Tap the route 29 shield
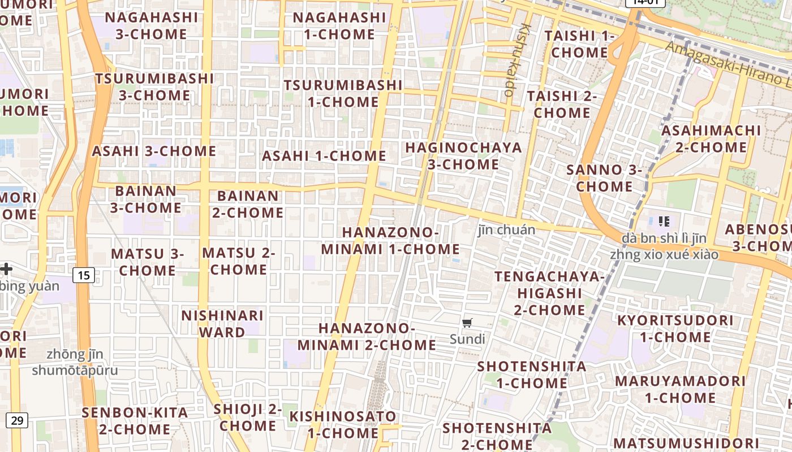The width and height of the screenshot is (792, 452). tap(18, 420)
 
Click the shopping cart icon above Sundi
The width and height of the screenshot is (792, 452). tap(467, 323)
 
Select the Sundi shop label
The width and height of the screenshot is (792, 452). tap(467, 339)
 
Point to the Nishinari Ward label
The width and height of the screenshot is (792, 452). tap(222, 324)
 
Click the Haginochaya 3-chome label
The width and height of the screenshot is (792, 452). tap(463, 156)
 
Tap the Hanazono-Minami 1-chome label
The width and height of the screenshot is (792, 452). tap(390, 241)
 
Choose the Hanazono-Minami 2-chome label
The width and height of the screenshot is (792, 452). tap(367, 337)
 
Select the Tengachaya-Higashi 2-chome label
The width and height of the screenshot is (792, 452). tap(549, 293)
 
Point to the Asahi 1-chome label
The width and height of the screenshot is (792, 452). tap(324, 155)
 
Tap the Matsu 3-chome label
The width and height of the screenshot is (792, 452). tap(148, 262)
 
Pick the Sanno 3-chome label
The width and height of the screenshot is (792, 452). tap(604, 178)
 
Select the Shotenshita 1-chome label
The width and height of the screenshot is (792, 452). tap(532, 375)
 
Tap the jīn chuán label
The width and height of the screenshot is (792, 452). tap(506, 230)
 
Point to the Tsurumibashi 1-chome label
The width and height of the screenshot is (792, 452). tap(343, 94)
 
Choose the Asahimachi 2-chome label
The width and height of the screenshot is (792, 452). tap(711, 139)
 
